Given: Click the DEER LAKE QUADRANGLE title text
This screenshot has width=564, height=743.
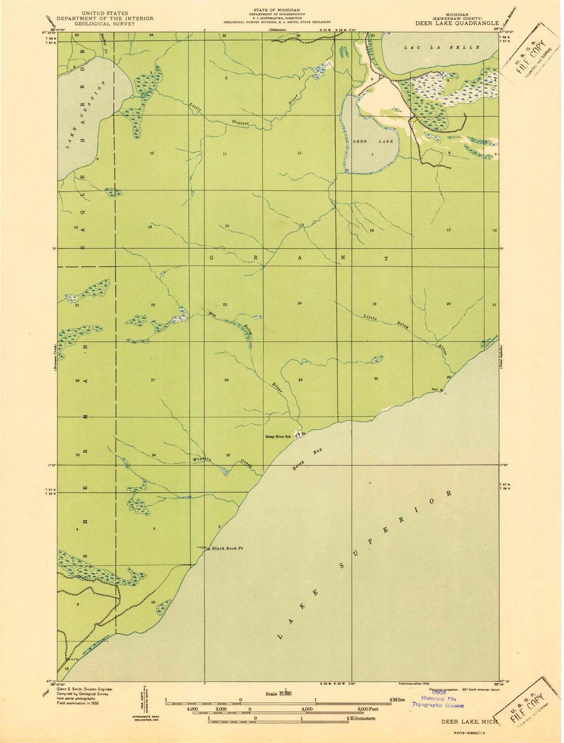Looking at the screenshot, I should pyautogui.click(x=457, y=23).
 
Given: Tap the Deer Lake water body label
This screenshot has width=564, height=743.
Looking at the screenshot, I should pyautogui.click(x=372, y=142).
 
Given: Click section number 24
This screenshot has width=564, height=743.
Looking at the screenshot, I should pyautogui.click(x=300, y=303).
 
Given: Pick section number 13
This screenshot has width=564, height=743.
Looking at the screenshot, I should pyautogui.click(x=302, y=225).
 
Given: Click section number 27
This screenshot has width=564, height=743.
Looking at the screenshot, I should pyautogui.click(x=153, y=380).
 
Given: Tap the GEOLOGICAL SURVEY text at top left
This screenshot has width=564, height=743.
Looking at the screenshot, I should pyautogui.click(x=99, y=23).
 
